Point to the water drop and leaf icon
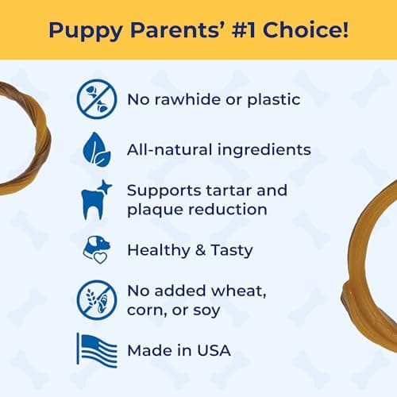pyautogui.click(x=96, y=149)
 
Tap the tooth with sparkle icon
pyautogui.click(x=96, y=200)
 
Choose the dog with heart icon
pyautogui.click(x=96, y=250)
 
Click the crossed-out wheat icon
pyautogui.click(x=96, y=299)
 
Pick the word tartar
pyautogui.click(x=237, y=191)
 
